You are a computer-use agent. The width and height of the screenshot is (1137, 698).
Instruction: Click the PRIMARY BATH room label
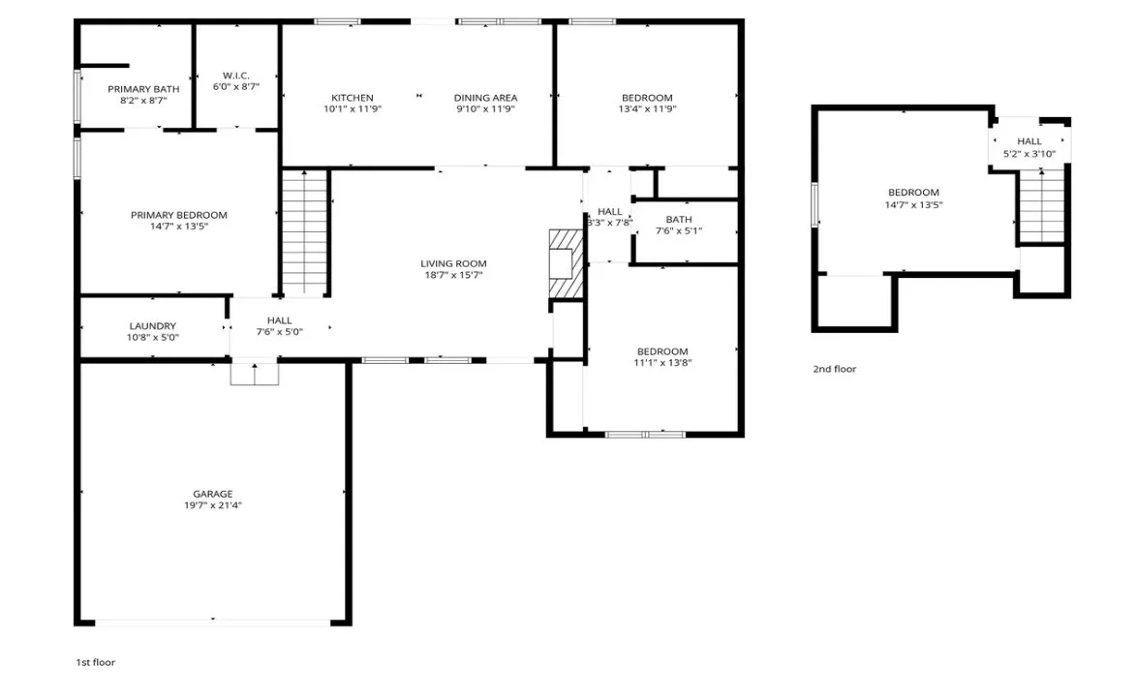coord(143,88)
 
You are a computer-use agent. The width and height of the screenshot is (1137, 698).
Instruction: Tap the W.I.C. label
coord(236,75)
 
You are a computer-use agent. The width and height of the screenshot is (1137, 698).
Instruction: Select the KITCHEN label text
coord(352,97)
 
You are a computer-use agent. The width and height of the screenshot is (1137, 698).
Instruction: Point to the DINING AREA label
coord(485,97)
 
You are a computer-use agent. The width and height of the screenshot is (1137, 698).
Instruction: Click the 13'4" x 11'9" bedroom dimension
coord(647,109)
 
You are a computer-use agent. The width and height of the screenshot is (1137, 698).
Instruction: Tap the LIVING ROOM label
coord(453,263)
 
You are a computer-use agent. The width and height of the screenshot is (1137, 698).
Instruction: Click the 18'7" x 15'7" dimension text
coord(453,275)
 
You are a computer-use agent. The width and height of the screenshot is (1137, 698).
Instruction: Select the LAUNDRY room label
coord(153,326)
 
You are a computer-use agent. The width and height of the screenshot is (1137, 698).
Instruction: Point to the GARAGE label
coord(212,494)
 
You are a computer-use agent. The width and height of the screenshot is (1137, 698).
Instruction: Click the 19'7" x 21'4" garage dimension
coord(212,505)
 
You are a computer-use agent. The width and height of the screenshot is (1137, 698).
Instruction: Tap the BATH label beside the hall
coord(679,219)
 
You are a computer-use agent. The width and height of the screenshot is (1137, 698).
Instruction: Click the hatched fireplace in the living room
coord(564,266)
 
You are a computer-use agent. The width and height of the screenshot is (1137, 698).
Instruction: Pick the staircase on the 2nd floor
coord(1043,205)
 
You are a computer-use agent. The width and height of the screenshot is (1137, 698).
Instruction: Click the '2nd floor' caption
coord(834,369)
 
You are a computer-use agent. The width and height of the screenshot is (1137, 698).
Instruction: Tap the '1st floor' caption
coord(96,662)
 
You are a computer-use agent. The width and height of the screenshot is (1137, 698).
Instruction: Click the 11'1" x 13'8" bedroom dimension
coord(662,363)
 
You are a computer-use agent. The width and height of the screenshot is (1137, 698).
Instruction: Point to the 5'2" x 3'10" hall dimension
coord(1029,153)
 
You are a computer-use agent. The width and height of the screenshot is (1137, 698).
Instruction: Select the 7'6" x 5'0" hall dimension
coord(280,332)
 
